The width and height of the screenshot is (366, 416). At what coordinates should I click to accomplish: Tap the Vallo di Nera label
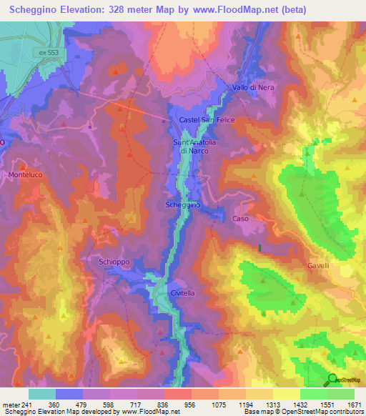click(x=253, y=88)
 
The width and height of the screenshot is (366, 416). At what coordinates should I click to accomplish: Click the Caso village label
click(x=240, y=219)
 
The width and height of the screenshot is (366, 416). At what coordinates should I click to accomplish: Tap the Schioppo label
click(x=114, y=262)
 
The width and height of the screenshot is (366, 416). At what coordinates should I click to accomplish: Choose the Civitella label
click(x=183, y=293)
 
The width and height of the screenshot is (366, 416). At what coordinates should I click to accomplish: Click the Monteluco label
click(x=26, y=175)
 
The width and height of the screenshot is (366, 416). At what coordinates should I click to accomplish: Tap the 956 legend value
click(x=191, y=404)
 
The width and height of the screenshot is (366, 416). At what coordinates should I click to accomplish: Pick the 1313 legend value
click(x=273, y=404)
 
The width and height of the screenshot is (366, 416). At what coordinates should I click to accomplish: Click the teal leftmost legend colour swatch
click(x=42, y=394)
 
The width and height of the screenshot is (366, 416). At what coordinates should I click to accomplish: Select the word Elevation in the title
click(x=85, y=10)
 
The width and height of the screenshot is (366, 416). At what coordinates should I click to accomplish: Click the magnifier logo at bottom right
click(x=332, y=380)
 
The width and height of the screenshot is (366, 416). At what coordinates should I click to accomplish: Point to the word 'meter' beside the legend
click(x=10, y=404)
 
